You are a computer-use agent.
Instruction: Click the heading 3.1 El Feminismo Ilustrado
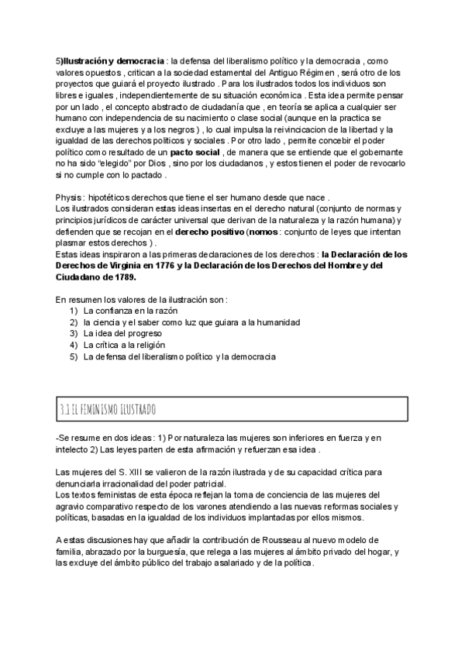108,408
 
